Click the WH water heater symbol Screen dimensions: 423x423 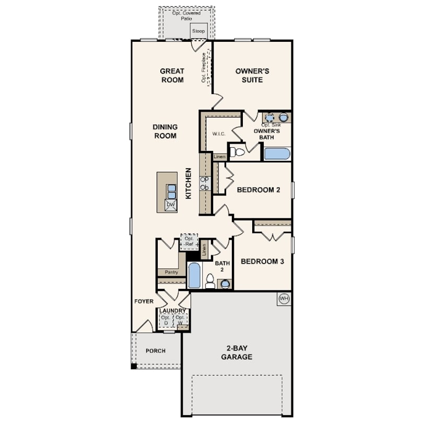[284, 299]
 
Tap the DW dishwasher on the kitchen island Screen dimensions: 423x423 [171, 205]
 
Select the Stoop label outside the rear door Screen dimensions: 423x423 [198, 31]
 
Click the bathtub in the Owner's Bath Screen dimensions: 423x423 [277, 154]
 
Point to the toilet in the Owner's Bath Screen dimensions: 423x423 [237, 152]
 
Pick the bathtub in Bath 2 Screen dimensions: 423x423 [194, 275]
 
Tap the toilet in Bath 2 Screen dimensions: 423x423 [210, 281]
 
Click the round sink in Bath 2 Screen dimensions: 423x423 [225, 284]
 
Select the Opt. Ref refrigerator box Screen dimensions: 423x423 [189, 242]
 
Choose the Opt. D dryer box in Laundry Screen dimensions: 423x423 [166, 320]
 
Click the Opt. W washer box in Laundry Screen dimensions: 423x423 [180, 320]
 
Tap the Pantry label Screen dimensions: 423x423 [172, 272]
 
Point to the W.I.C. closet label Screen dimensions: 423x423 [219, 134]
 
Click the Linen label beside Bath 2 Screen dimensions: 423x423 [204, 250]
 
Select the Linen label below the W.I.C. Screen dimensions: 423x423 [219, 157]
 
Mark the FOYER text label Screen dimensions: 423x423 [144, 301]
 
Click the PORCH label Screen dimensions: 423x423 [156, 351]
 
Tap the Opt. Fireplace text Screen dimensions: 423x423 [204, 68]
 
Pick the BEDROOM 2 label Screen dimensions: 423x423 [258, 190]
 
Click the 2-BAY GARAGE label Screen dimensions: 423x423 [237, 352]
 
